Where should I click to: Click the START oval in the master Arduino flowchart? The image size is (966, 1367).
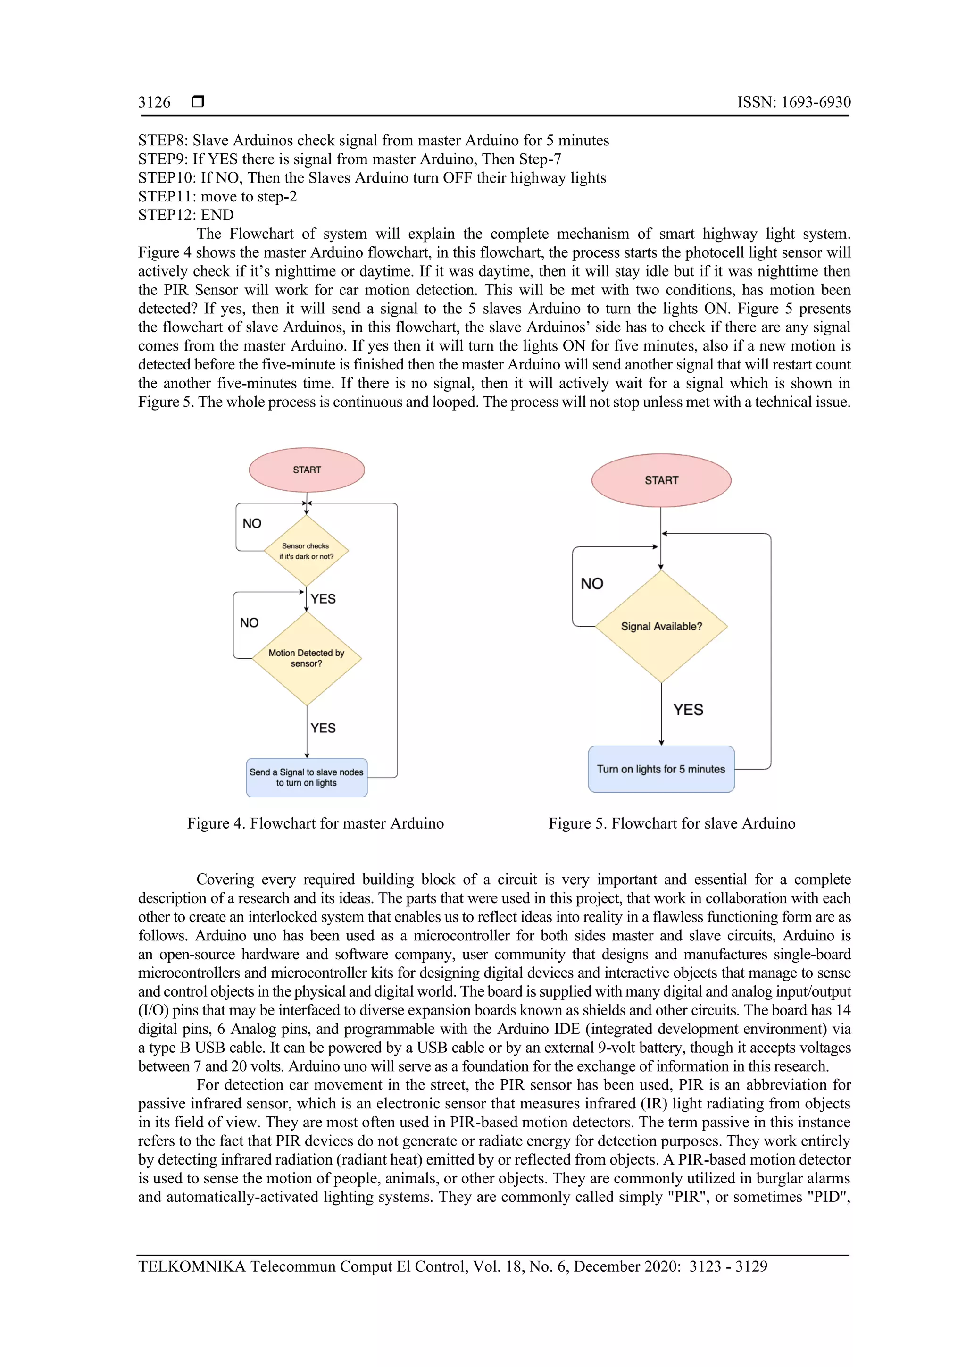coord(307,470)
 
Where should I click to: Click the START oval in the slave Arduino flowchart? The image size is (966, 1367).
coord(661,480)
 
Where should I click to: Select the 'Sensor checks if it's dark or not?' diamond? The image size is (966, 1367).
coord(306,551)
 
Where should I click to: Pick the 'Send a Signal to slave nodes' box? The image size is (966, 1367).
coord(307,778)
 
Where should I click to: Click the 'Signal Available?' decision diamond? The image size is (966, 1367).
coord(661,626)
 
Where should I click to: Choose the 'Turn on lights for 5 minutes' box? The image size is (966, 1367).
coord(661,769)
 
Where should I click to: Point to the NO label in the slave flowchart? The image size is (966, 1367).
coord(591,584)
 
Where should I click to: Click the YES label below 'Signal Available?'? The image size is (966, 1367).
coord(688,710)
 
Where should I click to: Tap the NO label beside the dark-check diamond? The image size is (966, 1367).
coord(252,523)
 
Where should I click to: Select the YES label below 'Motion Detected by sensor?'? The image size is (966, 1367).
coord(323,728)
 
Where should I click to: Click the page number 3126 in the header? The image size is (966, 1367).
coord(154,102)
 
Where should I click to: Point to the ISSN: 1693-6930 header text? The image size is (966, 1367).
coord(793,102)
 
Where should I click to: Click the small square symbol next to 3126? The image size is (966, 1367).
coord(198,102)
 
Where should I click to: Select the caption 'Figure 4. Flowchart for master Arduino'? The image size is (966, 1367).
coord(316,823)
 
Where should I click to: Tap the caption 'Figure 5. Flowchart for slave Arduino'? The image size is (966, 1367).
coord(671,823)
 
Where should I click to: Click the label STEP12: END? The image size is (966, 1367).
coord(186,215)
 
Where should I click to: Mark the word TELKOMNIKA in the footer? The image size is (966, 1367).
coord(192,1266)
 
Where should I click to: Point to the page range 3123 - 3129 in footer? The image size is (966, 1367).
coord(728,1266)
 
